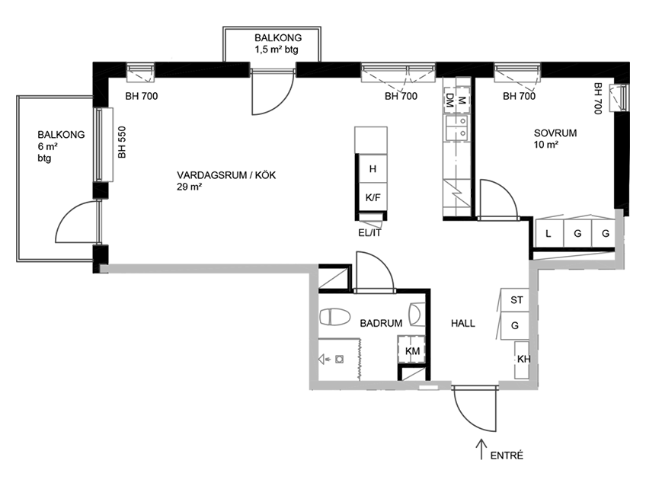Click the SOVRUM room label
[x=555, y=133]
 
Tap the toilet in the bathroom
[x=334, y=317]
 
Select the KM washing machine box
[x=411, y=350]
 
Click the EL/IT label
[x=369, y=233]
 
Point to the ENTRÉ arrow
[x=481, y=449]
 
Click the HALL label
[x=462, y=323]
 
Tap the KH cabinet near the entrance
[x=522, y=360]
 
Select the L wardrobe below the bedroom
[x=548, y=234]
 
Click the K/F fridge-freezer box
[x=373, y=197]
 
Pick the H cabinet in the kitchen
[x=373, y=169]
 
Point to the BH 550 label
[x=122, y=142]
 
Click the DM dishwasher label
[x=449, y=100]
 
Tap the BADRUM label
[x=381, y=323]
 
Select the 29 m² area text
[x=189, y=187]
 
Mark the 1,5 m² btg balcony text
[x=276, y=50]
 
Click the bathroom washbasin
[x=417, y=315]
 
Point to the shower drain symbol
[x=340, y=360]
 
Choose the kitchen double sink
[x=456, y=128]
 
